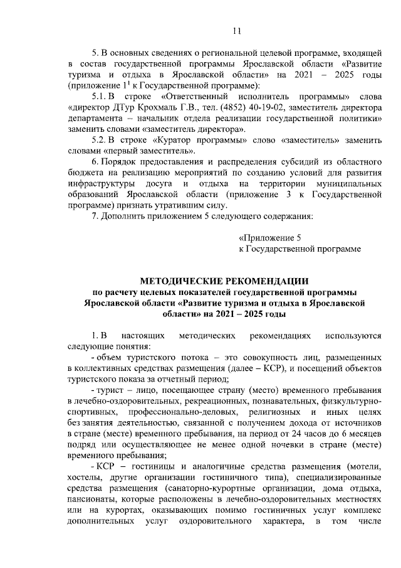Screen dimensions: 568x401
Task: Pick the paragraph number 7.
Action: (x=95, y=215)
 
